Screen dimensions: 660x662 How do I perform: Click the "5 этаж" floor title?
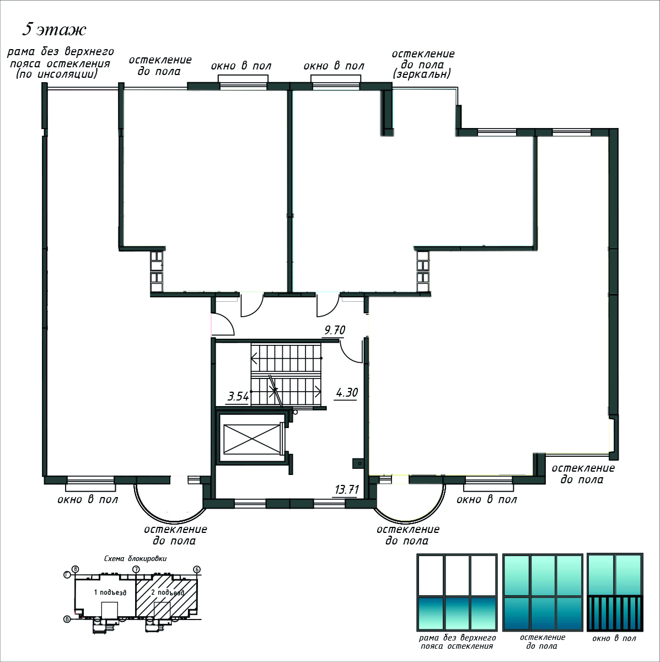pos(54,30)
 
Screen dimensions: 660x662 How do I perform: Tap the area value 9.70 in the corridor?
pos(335,330)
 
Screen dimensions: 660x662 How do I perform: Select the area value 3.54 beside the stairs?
pos(238,397)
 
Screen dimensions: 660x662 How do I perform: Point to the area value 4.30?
pos(347,392)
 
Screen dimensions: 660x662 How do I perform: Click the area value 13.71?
pos(347,489)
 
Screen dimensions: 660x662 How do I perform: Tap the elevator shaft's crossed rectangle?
pos(252,439)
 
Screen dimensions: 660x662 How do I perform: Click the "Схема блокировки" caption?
pos(135,559)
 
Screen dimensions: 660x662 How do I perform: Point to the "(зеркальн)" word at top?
pos(421,74)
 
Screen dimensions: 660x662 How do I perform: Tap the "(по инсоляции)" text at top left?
pos(57,74)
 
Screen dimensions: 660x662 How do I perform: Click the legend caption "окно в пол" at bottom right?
pos(614,639)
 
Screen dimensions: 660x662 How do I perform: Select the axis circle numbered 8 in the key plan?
pos(75,569)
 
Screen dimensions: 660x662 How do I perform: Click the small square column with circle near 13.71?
pos(358,463)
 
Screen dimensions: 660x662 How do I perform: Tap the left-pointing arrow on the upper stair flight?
pos(254,359)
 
